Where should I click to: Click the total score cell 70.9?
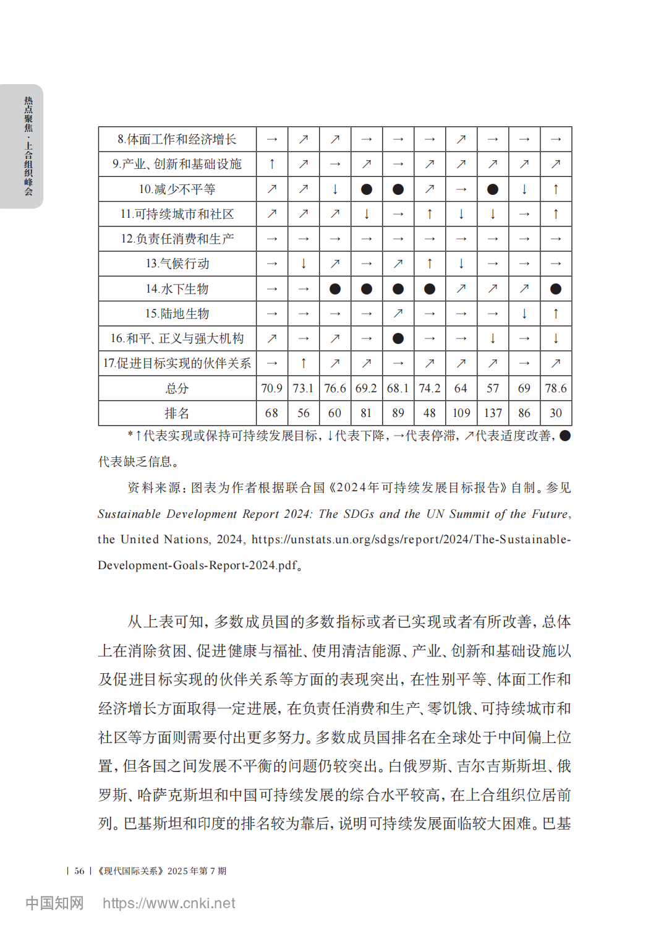point(271,389)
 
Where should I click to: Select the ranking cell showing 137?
point(493,413)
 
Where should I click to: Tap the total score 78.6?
point(556,389)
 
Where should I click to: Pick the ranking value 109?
point(461,413)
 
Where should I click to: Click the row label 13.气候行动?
point(177,264)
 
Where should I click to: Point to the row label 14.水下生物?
point(177,289)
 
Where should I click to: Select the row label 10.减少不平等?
point(177,189)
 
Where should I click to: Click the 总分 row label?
point(177,389)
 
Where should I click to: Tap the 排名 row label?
point(177,413)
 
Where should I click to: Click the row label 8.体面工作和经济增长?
point(177,139)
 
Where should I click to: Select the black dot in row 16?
point(398,338)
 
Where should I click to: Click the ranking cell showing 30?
point(556,413)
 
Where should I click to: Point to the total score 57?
point(493,389)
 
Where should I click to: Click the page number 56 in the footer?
point(79,871)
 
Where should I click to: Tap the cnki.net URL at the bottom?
point(169,903)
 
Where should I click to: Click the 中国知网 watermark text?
point(54,903)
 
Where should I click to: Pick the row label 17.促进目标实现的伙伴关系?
point(177,363)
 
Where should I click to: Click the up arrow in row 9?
point(271,164)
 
